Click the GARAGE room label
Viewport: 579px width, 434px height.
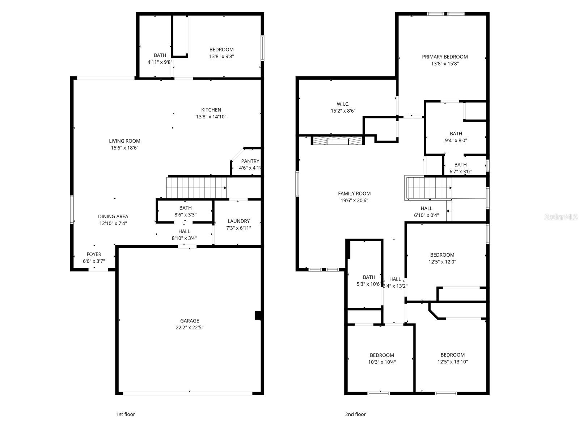coord(190,321)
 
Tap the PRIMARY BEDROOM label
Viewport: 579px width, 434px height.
coord(445,57)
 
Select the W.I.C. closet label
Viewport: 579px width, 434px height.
coord(343,104)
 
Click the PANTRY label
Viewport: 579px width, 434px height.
coord(250,161)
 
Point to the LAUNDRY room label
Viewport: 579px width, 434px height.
coord(238,221)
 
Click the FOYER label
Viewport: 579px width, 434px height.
coord(94,254)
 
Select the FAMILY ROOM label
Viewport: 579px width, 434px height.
coord(354,194)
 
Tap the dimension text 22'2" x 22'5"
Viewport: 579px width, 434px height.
coord(190,328)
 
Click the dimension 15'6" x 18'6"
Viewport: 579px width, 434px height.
coord(125,148)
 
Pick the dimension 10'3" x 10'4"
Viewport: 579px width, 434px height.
coord(382,362)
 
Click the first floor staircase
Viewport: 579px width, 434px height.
coord(196,187)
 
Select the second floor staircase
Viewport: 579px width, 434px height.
coord(429,188)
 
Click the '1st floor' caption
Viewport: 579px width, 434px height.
coord(125,414)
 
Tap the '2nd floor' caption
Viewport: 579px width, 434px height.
coord(355,414)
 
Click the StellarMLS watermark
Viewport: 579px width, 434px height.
coord(561,217)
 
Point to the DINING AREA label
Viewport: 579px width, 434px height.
coord(113,216)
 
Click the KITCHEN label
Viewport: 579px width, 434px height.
coord(211,110)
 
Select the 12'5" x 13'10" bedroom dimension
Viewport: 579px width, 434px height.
coord(452,362)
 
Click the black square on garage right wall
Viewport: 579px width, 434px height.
coord(258,316)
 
